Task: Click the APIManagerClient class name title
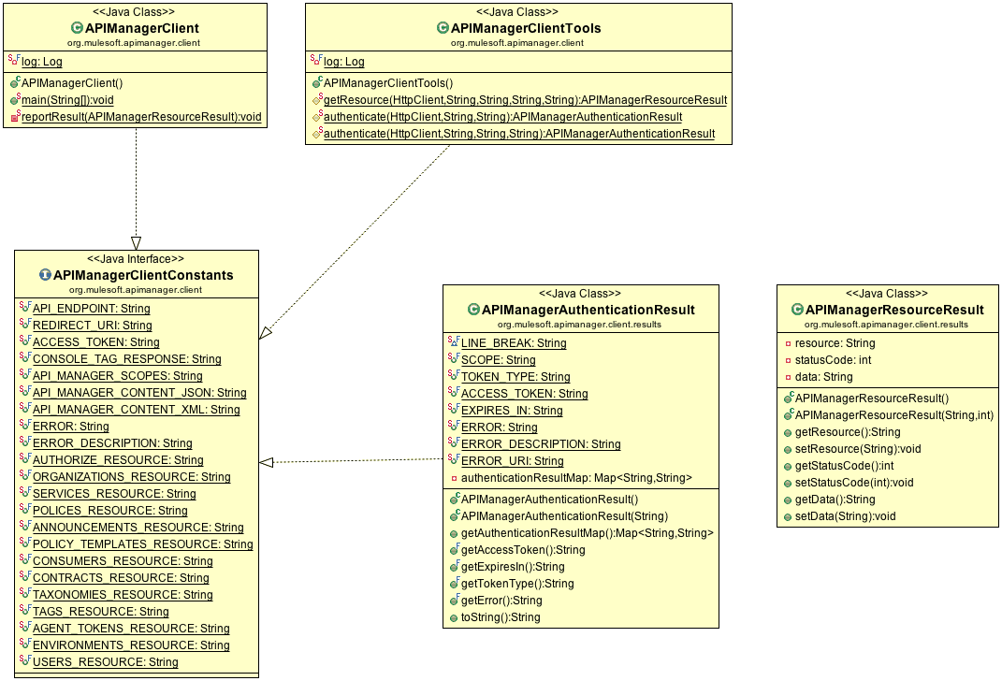point(142,28)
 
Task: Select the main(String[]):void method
point(67,100)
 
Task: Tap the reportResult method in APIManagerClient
point(141,116)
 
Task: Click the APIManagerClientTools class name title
point(526,28)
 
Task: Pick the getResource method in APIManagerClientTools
point(525,100)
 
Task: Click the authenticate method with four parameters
point(519,134)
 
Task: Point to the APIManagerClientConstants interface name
point(143,275)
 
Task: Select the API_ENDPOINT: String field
point(92,309)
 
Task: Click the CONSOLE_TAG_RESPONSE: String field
point(127,359)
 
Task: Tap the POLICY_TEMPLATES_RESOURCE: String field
point(143,544)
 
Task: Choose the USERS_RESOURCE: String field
point(106,662)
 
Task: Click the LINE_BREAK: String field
point(514,343)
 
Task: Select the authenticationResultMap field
point(576,478)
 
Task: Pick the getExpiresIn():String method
point(513,567)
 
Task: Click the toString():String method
point(501,617)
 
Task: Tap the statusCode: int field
point(834,359)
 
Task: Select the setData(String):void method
point(846,516)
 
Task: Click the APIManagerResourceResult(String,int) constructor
point(894,415)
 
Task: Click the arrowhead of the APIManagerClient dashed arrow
point(136,243)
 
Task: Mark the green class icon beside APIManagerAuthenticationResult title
point(473,310)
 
